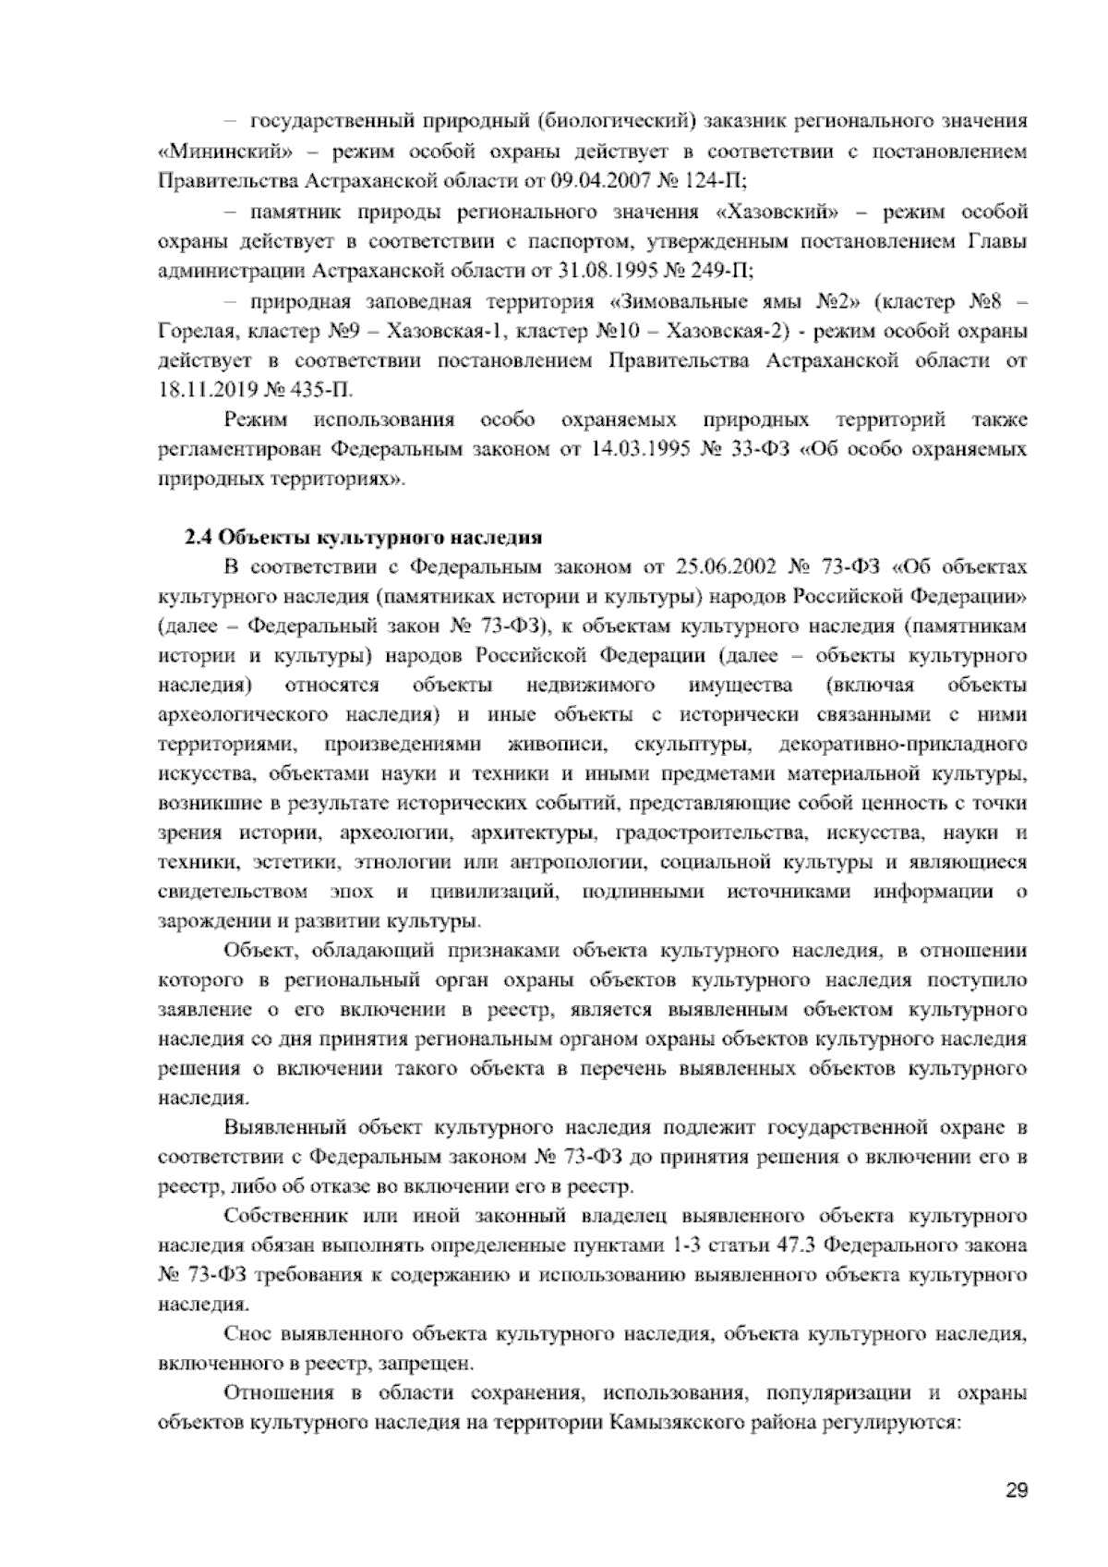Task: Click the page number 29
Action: pyautogui.click(x=1017, y=1490)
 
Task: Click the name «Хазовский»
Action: pyautogui.click(x=778, y=213)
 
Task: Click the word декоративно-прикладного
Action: pyautogui.click(x=904, y=745)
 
